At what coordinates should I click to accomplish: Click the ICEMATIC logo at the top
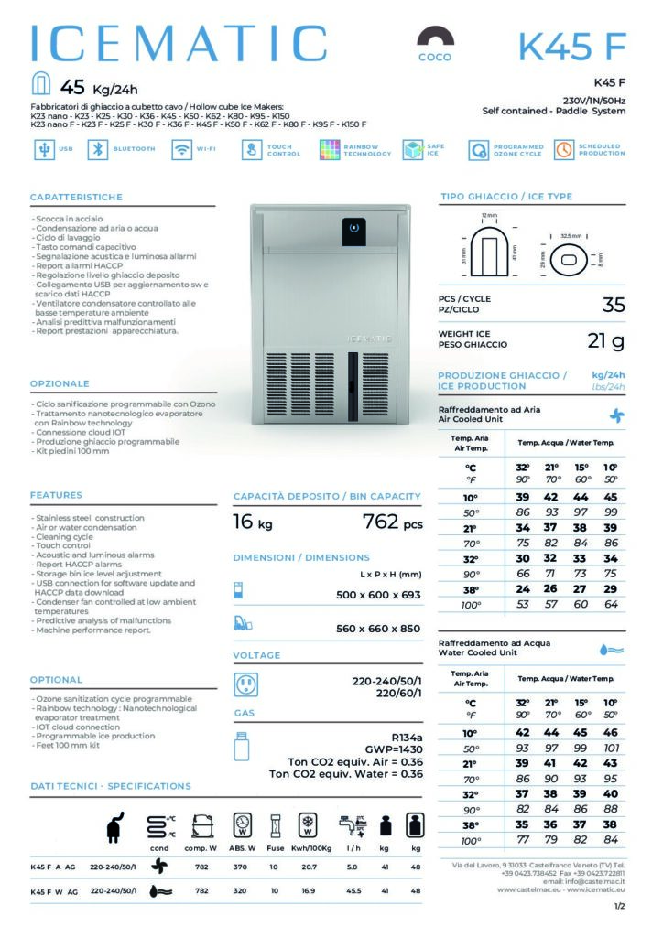coord(179,44)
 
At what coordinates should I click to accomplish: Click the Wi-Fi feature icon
coord(181,150)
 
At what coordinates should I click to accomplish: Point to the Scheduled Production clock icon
coord(564,150)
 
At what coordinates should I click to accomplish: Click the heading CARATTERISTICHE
coord(76,198)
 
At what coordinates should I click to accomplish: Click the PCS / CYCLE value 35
coord(614,304)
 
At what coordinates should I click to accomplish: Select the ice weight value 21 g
coord(605,341)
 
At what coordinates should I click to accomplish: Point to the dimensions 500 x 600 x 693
coord(378,595)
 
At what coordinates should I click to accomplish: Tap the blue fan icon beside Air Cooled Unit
coord(616,415)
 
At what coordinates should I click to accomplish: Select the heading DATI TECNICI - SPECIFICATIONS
coord(111,786)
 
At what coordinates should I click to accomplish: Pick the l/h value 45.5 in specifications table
coord(352,889)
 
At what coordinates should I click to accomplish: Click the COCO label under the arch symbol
coord(435,57)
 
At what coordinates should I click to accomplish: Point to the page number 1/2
coord(620,906)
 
